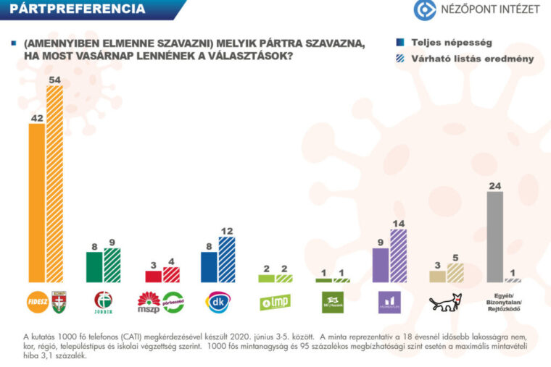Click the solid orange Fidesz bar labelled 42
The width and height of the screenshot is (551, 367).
pos(36,203)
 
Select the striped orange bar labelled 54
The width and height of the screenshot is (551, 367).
pos(54,184)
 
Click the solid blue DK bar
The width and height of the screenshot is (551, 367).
pos(209,267)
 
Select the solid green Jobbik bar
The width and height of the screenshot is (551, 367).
pos(94,267)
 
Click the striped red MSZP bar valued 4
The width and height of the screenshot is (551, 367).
pos(171,274)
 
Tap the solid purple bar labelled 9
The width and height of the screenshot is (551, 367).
pos(380,265)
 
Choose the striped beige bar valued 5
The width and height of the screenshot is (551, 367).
pos(455,273)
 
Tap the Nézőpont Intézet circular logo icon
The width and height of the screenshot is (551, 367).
pos(425,9)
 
